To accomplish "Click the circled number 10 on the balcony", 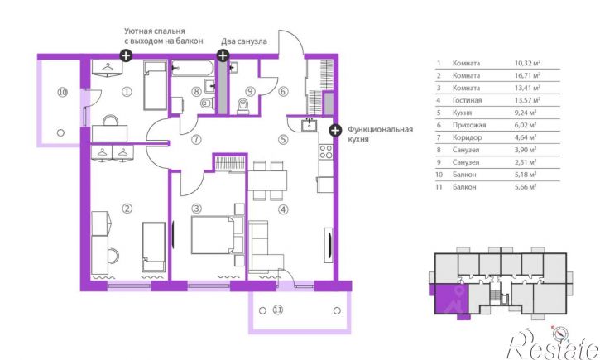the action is coord(62,92).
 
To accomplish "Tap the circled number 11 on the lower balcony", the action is coord(278,310).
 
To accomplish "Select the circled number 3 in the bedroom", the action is coord(196,209).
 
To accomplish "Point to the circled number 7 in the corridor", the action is coord(196,139).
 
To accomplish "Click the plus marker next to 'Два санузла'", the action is coord(223,55).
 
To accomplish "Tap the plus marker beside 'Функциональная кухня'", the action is coord(335,130).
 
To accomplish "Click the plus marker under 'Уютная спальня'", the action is coord(126,55).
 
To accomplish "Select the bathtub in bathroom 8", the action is coord(192,69).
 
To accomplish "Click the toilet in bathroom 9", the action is coord(243,106).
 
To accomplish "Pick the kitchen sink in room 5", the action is coord(309,125).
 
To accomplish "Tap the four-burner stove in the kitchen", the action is coord(326,151).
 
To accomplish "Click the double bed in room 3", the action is coord(217,235).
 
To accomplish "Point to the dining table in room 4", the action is coord(267,180).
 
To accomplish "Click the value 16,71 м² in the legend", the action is coord(527,75).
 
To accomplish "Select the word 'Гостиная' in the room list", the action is coord(467,100).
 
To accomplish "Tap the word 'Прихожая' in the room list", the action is coord(469,125).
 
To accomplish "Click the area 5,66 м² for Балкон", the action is coord(526,187).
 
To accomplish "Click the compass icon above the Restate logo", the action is coord(560,334).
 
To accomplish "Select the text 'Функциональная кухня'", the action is coord(380,134).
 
